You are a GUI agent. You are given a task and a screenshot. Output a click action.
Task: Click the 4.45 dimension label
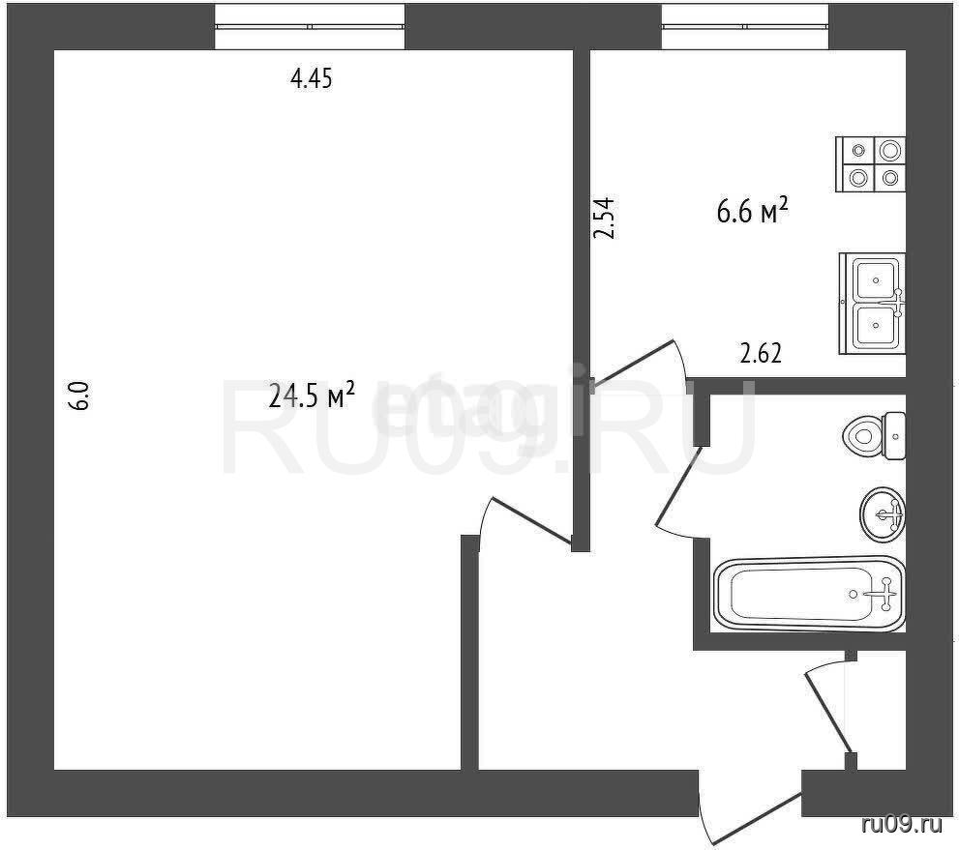[x=312, y=79]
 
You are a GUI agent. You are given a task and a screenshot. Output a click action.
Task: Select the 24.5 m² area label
[x=312, y=396]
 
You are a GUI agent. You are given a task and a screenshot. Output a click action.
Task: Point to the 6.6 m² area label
[x=752, y=211]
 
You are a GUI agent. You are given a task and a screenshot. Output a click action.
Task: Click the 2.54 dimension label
[x=605, y=217]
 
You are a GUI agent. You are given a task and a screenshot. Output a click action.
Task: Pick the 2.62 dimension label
[x=761, y=353]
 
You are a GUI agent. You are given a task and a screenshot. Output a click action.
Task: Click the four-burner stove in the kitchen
[x=870, y=164]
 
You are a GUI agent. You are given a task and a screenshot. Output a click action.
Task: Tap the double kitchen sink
[x=872, y=303]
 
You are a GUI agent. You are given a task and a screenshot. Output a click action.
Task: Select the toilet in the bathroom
[x=874, y=436]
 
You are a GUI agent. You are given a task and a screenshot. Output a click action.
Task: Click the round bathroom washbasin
[x=883, y=513]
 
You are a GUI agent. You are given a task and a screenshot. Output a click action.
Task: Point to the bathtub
[x=809, y=594]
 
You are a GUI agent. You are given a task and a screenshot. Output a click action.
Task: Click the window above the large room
[x=310, y=26]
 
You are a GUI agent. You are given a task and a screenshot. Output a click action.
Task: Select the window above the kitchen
[x=745, y=26]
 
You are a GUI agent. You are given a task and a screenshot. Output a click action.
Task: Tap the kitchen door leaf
[x=633, y=363]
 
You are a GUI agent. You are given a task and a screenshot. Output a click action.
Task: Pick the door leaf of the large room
[x=531, y=520]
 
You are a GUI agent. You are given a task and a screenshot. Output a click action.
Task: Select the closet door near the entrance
[x=827, y=713]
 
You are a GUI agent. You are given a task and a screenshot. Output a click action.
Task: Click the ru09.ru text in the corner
[x=902, y=826]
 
